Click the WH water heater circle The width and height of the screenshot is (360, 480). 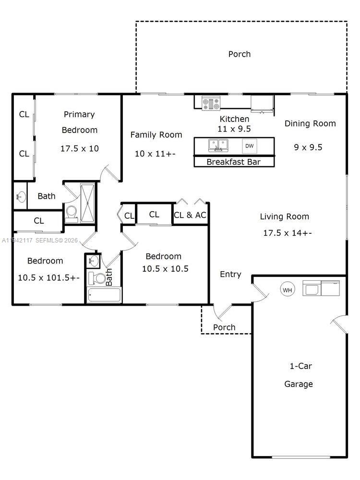coord(287,289)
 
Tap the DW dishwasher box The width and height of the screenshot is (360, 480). coord(249,146)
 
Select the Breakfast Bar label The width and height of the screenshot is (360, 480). coord(234,162)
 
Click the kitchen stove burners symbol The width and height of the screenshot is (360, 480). coord(211,103)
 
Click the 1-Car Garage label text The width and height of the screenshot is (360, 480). coord(299,375)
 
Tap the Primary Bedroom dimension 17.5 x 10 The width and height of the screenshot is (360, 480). coord(80,148)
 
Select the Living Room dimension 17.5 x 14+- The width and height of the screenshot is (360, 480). coord(288,233)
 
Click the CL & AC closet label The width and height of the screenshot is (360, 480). coord(190,215)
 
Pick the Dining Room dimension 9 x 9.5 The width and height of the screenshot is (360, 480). coord(308,147)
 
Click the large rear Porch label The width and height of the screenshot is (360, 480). coord(239,54)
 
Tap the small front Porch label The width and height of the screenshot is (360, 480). coord(224,327)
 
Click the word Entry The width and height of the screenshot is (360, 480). coord(230,274)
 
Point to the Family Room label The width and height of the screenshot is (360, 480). coord(156,135)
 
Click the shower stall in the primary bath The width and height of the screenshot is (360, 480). coord(88,203)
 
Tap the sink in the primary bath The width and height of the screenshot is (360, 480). coord(20,196)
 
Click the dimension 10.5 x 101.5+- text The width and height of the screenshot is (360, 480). coord(48,277)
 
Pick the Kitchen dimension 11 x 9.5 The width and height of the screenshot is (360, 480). coord(235,129)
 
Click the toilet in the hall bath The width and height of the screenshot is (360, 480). coord(100,278)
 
